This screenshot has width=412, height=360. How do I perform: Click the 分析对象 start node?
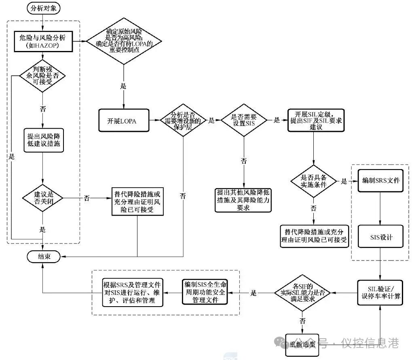tap(44, 8)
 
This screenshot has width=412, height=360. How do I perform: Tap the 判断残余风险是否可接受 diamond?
tap(43, 76)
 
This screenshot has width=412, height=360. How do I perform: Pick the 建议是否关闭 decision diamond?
tap(43, 198)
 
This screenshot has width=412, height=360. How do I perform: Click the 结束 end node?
tap(44, 256)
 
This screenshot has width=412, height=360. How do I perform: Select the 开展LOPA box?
tap(124, 121)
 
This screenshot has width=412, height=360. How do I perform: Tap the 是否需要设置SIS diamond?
tap(244, 121)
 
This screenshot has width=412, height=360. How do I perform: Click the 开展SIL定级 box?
tap(316, 121)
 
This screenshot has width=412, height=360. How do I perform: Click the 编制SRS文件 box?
tap(380, 180)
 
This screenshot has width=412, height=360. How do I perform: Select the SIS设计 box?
tap(380, 237)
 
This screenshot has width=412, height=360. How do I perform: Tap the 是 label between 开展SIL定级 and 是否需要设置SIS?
tap(277, 120)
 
